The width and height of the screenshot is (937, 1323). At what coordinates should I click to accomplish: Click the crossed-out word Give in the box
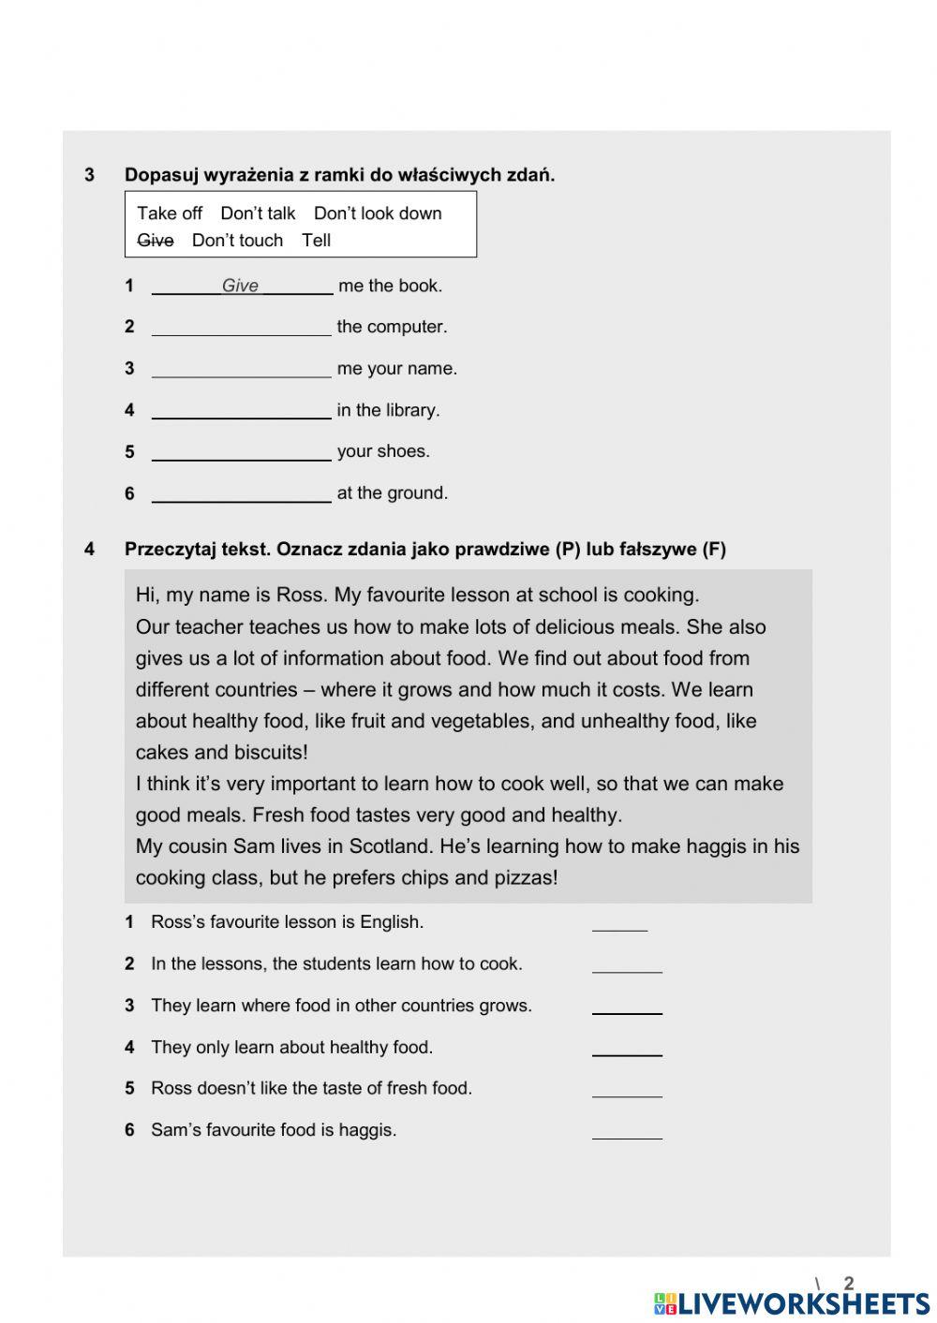pyautogui.click(x=155, y=241)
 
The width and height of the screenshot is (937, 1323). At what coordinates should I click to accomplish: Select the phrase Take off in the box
pyautogui.click(x=170, y=213)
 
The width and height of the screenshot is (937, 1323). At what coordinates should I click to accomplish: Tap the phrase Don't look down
pyautogui.click(x=378, y=213)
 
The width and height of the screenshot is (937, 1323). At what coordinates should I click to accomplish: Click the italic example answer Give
pyautogui.click(x=240, y=286)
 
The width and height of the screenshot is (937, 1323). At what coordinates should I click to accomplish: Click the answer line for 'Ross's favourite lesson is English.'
pyautogui.click(x=619, y=922)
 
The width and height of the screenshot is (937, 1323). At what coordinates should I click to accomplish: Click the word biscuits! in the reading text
pyautogui.click(x=271, y=753)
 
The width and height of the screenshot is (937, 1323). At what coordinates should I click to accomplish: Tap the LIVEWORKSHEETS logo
pyautogui.click(x=792, y=1303)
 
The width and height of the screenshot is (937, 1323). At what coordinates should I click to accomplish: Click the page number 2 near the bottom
pyautogui.click(x=849, y=1284)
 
